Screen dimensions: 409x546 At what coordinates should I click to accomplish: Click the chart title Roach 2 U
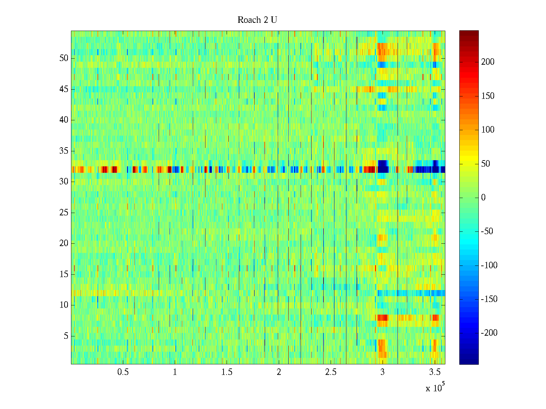click(257, 20)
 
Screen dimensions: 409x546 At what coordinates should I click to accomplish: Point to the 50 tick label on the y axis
click(64, 58)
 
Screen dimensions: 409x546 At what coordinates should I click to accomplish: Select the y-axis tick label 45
click(64, 89)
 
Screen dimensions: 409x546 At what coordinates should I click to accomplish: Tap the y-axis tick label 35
click(64, 151)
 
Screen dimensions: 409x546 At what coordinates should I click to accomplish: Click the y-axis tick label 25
click(64, 213)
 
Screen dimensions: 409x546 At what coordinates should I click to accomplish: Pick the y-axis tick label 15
click(64, 274)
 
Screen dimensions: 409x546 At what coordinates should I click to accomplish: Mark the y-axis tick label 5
click(66, 336)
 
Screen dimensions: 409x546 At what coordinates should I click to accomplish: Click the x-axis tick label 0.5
click(123, 372)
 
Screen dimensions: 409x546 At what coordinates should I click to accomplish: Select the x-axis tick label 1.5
click(227, 372)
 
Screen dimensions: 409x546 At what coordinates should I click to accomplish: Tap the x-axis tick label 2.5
click(331, 372)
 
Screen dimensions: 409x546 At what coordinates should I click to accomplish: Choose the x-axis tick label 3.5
click(434, 372)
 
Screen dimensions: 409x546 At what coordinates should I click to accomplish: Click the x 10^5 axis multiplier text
click(435, 388)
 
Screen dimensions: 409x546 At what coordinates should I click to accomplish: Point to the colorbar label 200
click(488, 62)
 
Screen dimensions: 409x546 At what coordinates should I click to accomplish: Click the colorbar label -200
click(489, 333)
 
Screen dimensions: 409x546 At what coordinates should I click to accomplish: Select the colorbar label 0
click(483, 198)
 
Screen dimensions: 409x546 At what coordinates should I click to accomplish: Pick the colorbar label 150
click(488, 96)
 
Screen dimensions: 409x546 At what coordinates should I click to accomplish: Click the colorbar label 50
click(486, 164)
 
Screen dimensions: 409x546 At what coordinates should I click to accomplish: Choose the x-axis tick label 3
click(383, 372)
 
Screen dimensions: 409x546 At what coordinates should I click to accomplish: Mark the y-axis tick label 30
click(64, 182)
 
